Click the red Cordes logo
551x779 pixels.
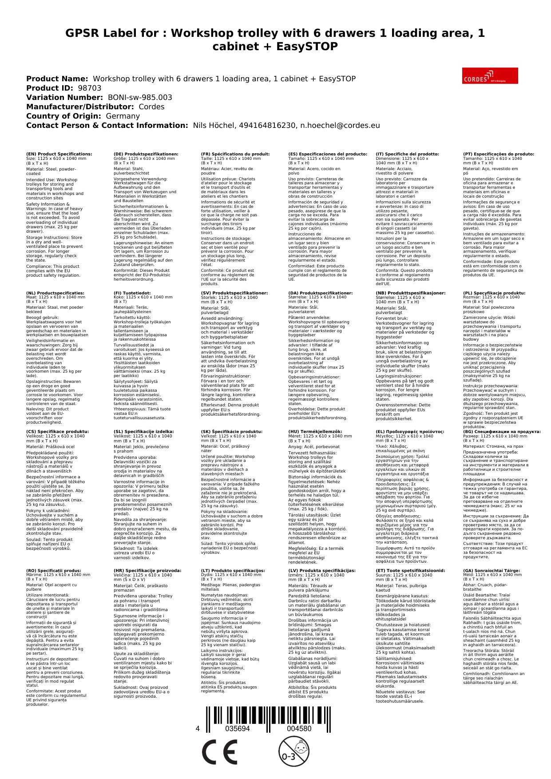click(490, 76)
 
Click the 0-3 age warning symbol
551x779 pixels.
click(293, 751)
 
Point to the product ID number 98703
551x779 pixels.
click(89, 88)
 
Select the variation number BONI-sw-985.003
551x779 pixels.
click(140, 97)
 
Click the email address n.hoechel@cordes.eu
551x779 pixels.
click(339, 125)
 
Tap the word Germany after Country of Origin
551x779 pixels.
click(123, 116)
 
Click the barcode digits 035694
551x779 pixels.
click(238, 728)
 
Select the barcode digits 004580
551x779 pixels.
click(299, 728)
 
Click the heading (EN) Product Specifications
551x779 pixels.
click(59, 154)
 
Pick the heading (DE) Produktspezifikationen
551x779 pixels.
click(146, 154)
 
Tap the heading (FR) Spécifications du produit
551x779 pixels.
click(235, 154)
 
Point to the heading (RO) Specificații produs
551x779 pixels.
click(53, 571)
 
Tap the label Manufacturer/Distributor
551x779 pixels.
click(80, 107)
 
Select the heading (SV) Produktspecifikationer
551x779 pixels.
click(234, 293)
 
